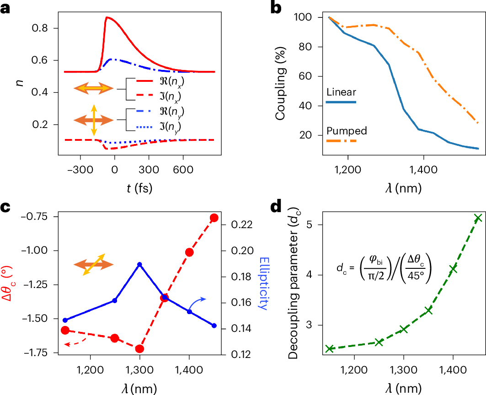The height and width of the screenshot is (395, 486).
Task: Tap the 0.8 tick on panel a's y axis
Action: [43, 29]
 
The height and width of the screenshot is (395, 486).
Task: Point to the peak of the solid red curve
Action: [107, 17]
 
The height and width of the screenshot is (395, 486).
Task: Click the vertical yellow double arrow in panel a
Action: [94, 120]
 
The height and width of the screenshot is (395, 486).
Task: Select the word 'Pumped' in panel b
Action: [347, 131]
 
